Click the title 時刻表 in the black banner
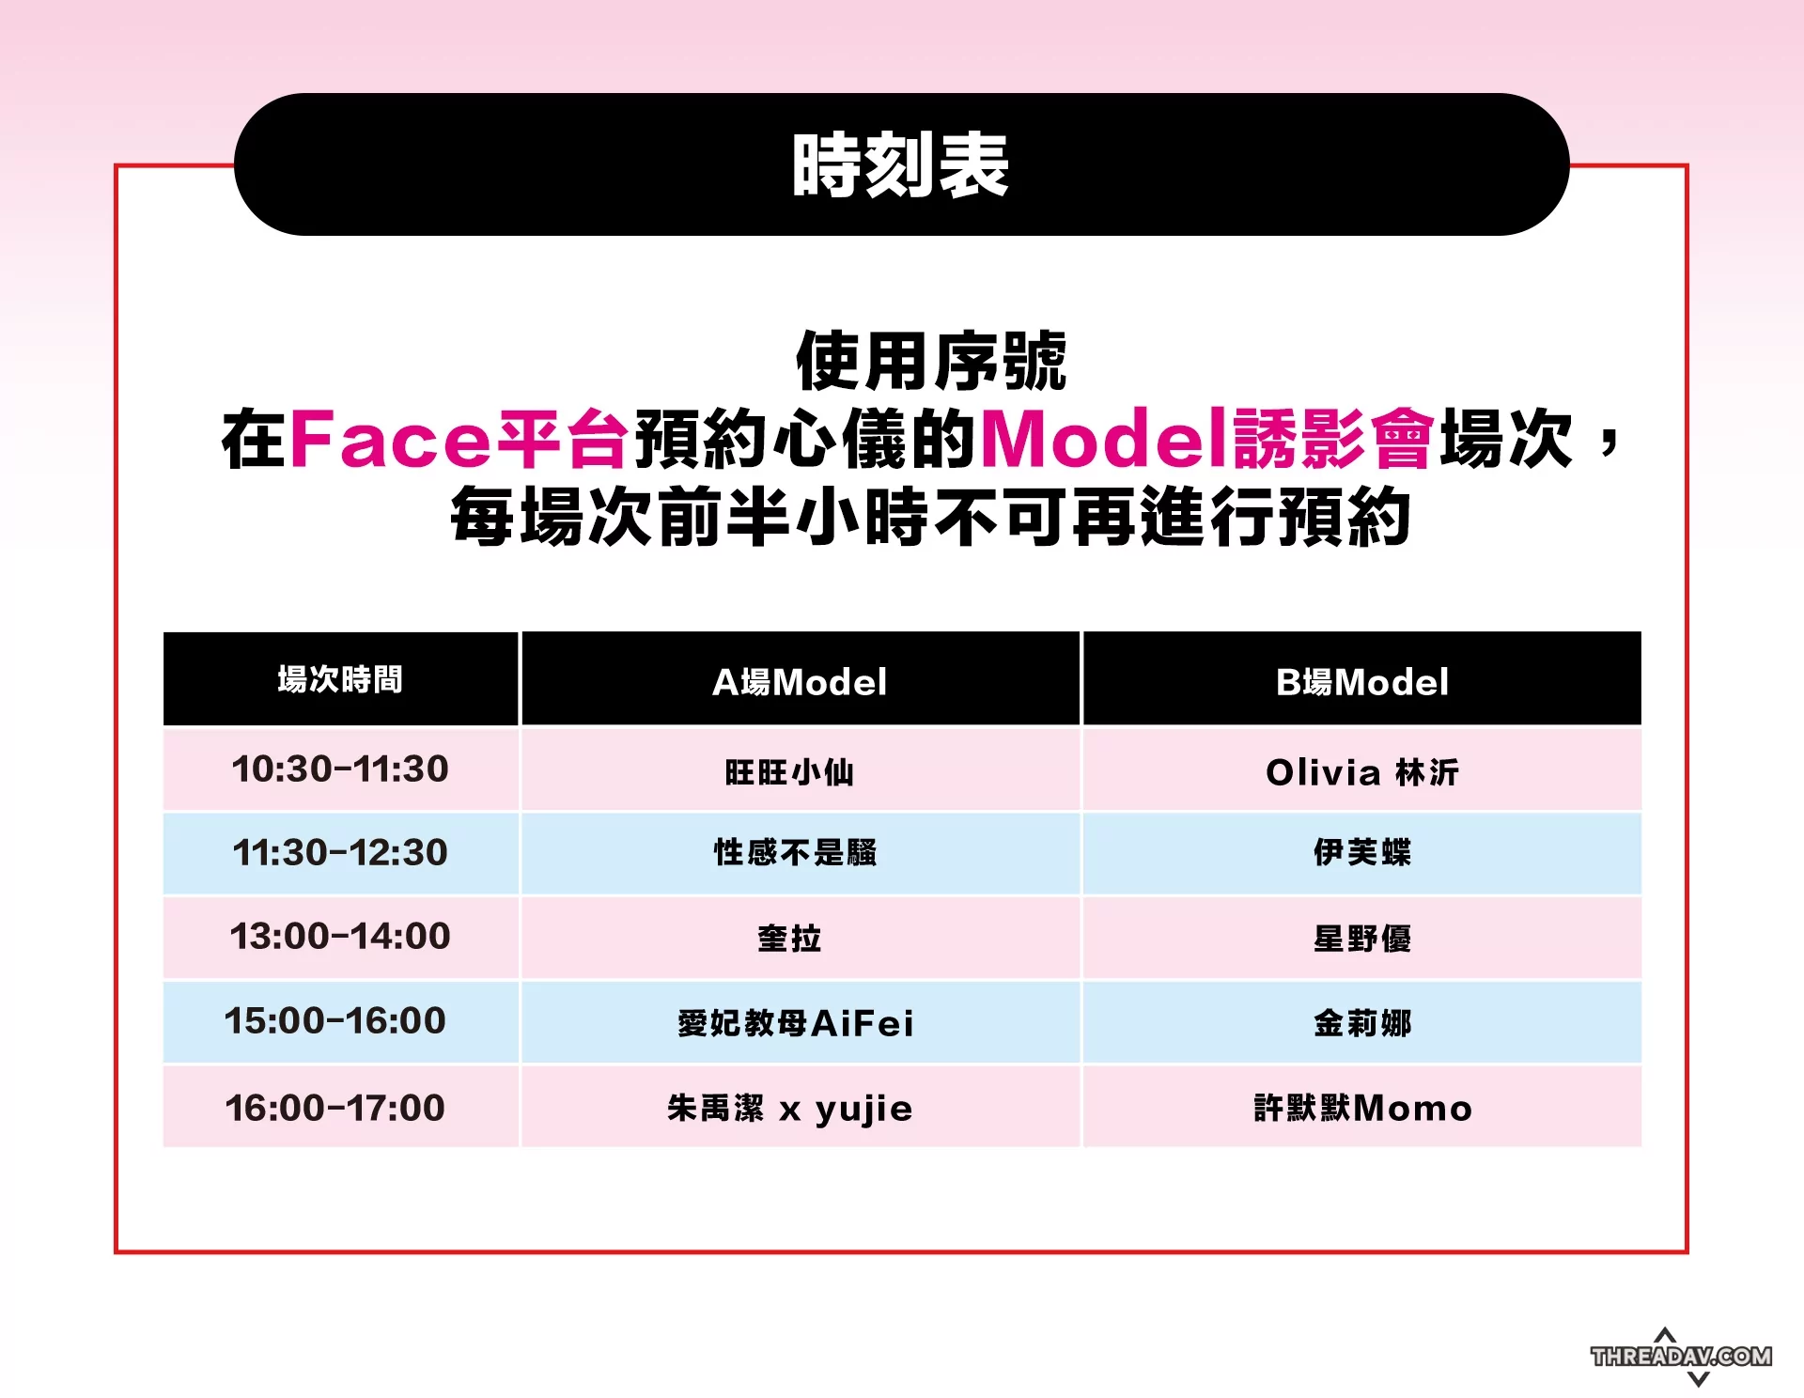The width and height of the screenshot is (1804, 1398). (900, 165)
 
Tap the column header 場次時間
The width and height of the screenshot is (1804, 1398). (340, 679)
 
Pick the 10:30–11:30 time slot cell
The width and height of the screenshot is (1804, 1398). (340, 769)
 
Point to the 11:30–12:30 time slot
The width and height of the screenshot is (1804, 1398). (340, 852)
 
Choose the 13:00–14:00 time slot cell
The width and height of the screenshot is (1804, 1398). (340, 936)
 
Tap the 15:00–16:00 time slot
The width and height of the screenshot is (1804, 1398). (335, 1020)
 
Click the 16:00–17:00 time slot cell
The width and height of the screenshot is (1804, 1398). (335, 1108)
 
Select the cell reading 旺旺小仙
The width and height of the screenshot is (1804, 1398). (789, 772)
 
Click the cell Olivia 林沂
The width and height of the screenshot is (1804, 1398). (1362, 772)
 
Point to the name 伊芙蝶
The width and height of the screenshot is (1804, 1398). (1362, 852)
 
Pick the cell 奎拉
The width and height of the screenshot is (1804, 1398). (789, 938)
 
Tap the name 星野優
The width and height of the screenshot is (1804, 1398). (1362, 938)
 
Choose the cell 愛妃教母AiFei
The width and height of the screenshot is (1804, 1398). (795, 1022)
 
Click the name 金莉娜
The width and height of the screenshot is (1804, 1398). (1362, 1022)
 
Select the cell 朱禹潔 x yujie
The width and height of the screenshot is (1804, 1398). (789, 1109)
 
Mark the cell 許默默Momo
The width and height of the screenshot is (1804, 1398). (1362, 1109)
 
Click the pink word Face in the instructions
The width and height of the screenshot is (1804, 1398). (391, 438)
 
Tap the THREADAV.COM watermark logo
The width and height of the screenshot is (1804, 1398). (1681, 1357)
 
